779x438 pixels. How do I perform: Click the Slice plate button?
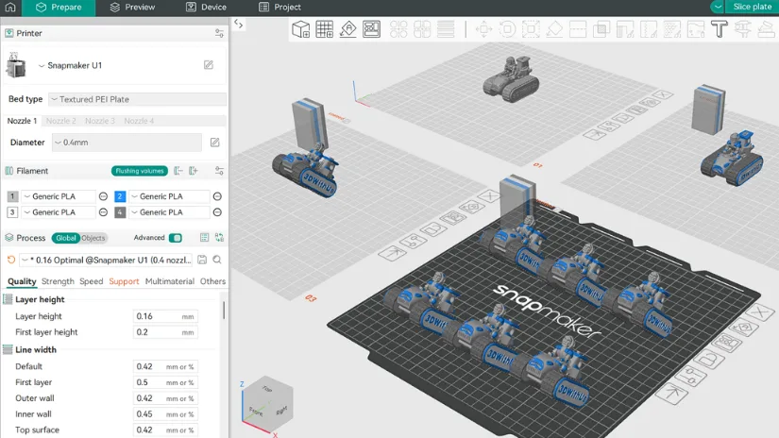tap(753, 7)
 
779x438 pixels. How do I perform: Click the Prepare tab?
tap(59, 8)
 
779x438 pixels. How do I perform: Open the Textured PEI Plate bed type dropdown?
tap(138, 99)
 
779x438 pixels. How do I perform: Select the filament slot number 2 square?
tap(120, 196)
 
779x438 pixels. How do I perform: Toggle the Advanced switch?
tap(175, 238)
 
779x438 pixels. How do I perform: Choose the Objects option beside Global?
tap(93, 238)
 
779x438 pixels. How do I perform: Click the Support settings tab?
tap(124, 281)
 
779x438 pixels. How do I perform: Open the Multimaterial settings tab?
tap(169, 281)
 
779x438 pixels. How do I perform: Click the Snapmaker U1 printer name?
tap(75, 65)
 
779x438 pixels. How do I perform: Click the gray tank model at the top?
tap(511, 78)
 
